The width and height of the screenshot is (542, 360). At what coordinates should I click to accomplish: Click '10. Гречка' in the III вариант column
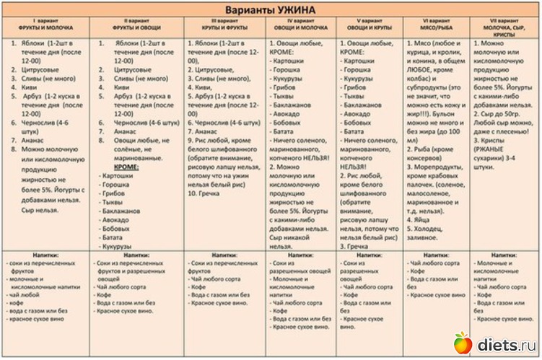pos(205,194)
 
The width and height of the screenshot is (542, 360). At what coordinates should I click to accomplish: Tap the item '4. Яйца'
pos(422,214)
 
